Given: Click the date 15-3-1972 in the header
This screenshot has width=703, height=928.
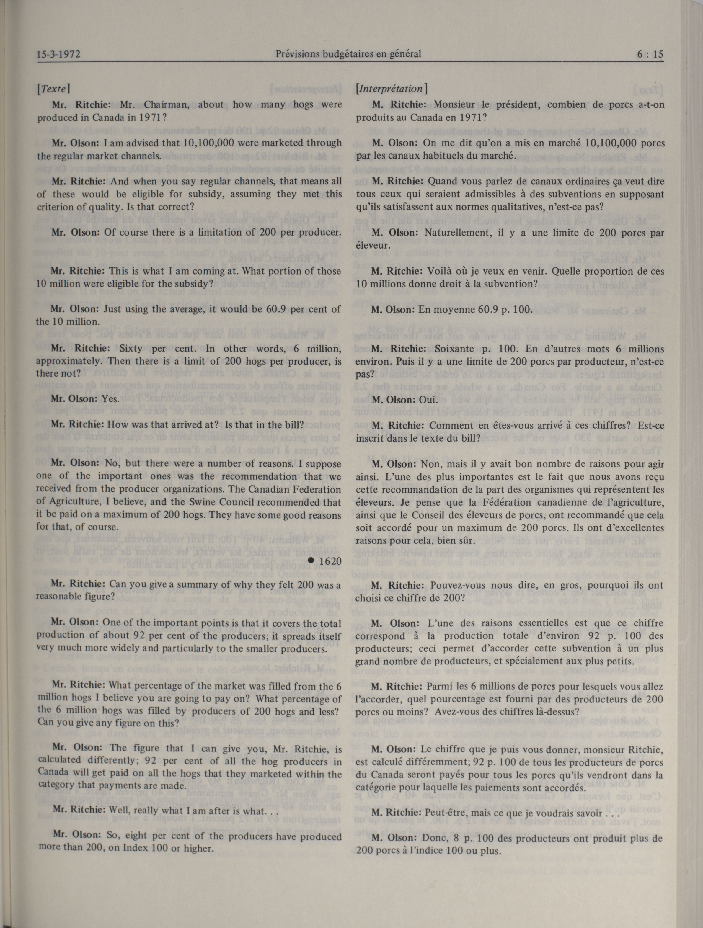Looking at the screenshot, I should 58,55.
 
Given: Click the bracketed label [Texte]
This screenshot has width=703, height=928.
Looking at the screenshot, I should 53,89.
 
